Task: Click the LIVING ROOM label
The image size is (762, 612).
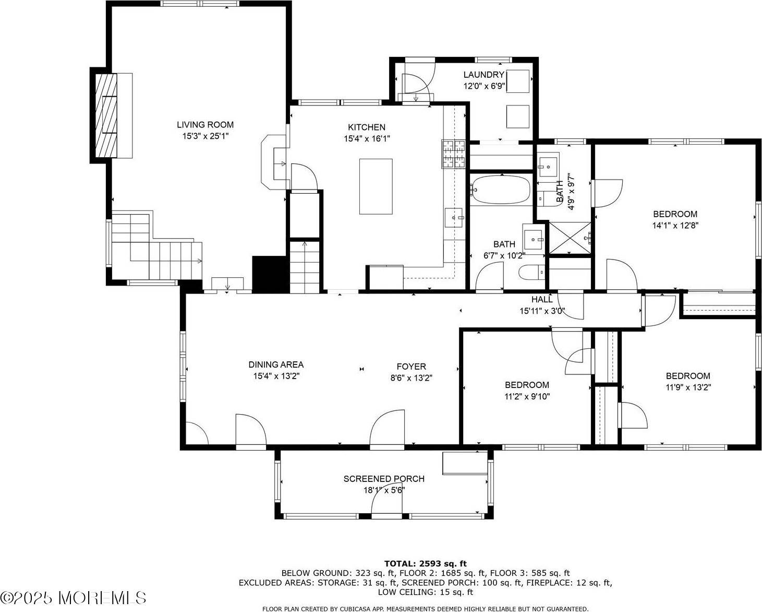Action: tap(205, 124)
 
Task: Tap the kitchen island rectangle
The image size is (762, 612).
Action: tap(376, 186)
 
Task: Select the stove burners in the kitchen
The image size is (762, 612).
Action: tap(453, 154)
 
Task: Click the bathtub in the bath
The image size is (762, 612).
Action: tap(500, 190)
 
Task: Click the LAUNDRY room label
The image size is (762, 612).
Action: tap(483, 75)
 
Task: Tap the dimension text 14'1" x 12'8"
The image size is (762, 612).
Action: tap(675, 226)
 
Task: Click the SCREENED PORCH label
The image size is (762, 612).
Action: tap(384, 479)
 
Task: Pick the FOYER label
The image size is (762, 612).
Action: tap(411, 367)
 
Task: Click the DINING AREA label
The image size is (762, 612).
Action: tap(275, 364)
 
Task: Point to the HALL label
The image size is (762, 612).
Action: tap(542, 299)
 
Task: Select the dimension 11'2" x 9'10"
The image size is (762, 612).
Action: tap(527, 396)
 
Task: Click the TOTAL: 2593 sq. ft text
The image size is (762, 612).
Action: tap(425, 563)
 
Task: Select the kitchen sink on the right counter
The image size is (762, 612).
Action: tap(454, 217)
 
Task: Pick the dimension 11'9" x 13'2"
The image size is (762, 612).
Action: tap(687, 387)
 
